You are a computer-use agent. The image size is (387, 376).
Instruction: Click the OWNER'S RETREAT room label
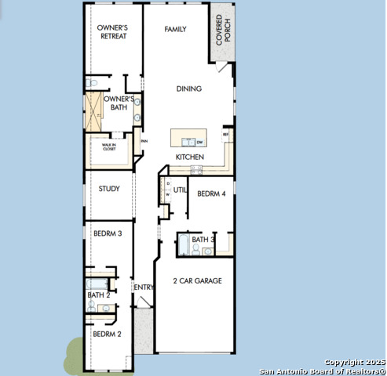[x=112, y=31]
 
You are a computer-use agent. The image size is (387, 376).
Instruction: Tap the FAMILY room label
[x=174, y=29]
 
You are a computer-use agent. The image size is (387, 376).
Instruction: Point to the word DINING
[x=188, y=89]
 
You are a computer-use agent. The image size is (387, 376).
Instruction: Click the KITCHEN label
[x=189, y=157]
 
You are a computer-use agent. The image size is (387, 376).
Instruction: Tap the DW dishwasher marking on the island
[x=200, y=143]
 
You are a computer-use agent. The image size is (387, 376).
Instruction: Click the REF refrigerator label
[x=226, y=135]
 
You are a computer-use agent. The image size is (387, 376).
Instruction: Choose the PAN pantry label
[x=144, y=141]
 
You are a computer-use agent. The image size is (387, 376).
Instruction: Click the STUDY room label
[x=108, y=188]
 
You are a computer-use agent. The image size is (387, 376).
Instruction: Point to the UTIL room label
[x=180, y=190]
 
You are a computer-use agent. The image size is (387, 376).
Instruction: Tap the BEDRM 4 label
[x=211, y=193]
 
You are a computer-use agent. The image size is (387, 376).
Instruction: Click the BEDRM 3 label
[x=107, y=233]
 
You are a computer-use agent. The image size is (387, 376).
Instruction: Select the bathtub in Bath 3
[x=182, y=248]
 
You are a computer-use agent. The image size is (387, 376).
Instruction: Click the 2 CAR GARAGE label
[x=197, y=280]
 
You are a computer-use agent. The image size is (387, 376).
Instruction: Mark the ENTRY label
[x=144, y=287]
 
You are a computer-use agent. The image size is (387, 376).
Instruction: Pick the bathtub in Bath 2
[x=96, y=284]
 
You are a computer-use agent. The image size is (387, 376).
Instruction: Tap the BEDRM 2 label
[x=107, y=334]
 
